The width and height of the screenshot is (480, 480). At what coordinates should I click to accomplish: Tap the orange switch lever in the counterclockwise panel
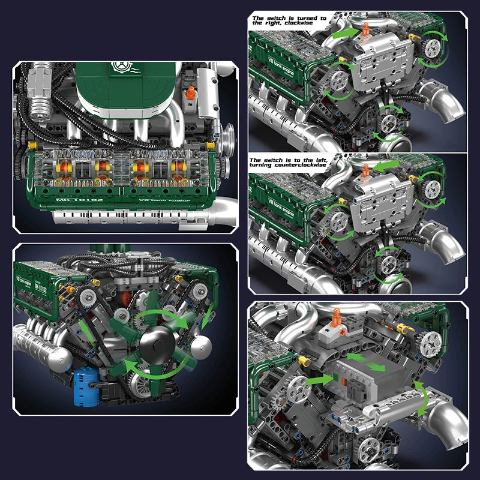(364, 170)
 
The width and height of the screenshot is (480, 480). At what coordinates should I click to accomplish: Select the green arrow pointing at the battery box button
(319, 380)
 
